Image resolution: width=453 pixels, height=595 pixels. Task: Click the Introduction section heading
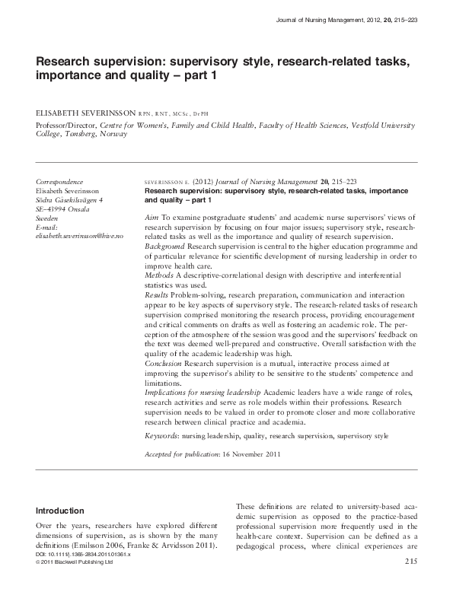[x=64, y=511]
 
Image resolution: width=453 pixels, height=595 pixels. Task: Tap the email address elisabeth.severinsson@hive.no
[x=79, y=237]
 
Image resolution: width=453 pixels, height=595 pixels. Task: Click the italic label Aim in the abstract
[x=151, y=218]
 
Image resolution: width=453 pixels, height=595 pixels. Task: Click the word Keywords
[x=164, y=436]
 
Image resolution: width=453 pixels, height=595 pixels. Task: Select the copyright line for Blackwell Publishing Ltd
[x=75, y=563]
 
